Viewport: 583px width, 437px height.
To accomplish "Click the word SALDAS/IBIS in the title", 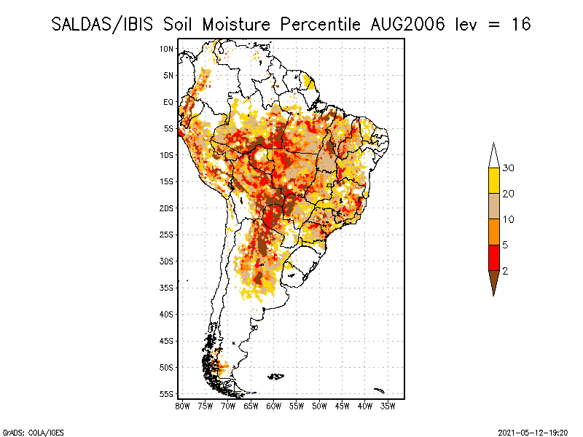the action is [102, 25].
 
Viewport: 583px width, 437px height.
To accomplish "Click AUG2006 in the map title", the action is [407, 25].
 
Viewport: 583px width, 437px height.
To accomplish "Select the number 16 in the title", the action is [521, 25].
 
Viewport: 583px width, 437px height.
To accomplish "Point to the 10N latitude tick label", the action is [167, 49].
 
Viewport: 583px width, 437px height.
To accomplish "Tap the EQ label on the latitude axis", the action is [168, 102].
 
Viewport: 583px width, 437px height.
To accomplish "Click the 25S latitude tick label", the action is [167, 235].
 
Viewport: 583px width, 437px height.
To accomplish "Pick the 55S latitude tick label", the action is [167, 394].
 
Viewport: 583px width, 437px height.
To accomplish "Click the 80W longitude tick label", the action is [182, 406].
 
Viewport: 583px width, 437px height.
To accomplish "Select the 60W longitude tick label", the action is [274, 406].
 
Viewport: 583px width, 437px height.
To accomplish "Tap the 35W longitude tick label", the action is [388, 406].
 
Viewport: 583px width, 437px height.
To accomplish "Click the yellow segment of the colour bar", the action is [494, 181].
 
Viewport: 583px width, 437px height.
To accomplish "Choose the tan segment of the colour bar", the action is [494, 206].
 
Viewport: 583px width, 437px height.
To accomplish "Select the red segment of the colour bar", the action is [494, 258].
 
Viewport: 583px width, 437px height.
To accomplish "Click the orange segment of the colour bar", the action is [494, 232].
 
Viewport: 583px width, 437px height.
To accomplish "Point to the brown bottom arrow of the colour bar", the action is [494, 281].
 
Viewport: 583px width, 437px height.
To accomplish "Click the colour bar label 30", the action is [508, 168].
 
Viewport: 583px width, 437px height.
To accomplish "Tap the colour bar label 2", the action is [505, 271].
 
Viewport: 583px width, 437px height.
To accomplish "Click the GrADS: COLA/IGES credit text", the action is [34, 433].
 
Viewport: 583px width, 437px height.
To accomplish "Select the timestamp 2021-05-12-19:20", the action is [533, 433].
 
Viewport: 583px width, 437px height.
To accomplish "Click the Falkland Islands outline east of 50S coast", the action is [276, 377].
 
